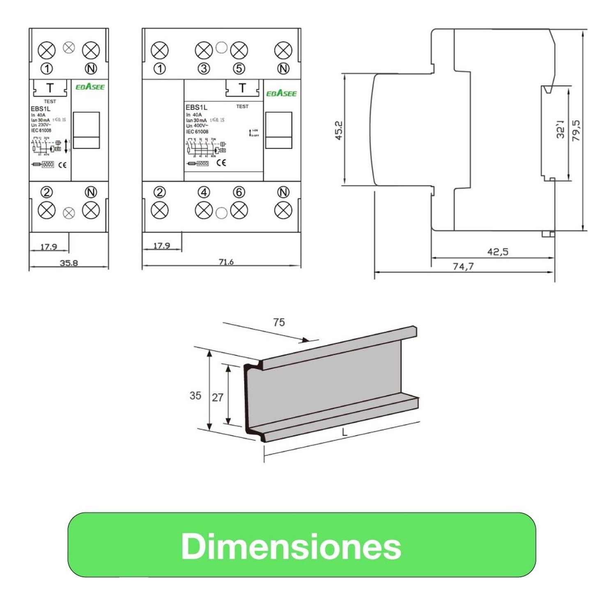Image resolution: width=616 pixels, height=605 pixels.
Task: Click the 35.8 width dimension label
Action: click(x=69, y=263)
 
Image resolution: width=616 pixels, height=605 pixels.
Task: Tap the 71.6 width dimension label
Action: click(x=226, y=262)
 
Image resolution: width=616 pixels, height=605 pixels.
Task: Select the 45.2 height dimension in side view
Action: click(x=339, y=130)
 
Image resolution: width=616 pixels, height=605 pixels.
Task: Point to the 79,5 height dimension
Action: click(x=576, y=131)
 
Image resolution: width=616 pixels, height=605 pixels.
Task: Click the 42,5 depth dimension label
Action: click(x=497, y=252)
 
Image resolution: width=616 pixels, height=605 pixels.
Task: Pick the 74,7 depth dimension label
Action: click(x=463, y=266)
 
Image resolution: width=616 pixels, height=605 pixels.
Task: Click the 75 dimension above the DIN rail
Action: click(x=279, y=323)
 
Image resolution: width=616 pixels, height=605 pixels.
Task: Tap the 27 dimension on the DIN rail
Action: click(x=218, y=397)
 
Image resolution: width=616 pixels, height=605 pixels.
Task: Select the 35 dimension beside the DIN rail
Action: click(x=195, y=396)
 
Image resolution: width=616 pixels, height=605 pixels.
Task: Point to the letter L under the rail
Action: click(x=345, y=432)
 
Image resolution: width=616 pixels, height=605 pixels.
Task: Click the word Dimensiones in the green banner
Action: click(x=291, y=546)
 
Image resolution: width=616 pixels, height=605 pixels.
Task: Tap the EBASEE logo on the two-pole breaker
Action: click(x=90, y=87)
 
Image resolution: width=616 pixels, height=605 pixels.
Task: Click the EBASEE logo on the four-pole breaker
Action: click(x=281, y=94)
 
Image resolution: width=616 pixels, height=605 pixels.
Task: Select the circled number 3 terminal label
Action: click(x=204, y=69)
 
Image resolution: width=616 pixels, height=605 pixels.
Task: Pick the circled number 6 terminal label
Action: click(x=239, y=192)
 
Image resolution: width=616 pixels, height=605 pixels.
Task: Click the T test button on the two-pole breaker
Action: click(x=50, y=88)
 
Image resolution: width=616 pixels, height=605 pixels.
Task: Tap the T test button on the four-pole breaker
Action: click(x=242, y=88)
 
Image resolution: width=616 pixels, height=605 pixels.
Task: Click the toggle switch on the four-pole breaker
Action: click(x=278, y=130)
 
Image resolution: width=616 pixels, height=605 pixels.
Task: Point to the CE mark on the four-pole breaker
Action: click(x=221, y=163)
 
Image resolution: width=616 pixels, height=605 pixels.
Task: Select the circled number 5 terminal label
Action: click(x=239, y=69)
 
